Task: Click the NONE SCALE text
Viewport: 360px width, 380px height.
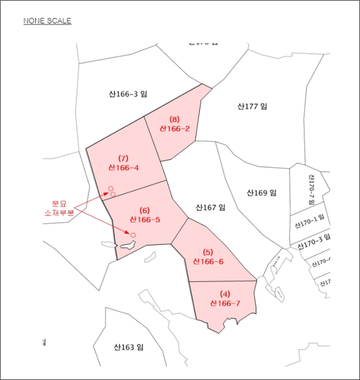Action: pyautogui.click(x=47, y=21)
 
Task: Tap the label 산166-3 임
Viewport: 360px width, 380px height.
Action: pyautogui.click(x=128, y=94)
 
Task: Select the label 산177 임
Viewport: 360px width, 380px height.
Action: pyautogui.click(x=252, y=106)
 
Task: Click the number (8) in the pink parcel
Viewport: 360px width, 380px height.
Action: pyautogui.click(x=174, y=119)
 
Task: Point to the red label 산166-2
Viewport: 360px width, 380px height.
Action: pyautogui.click(x=174, y=129)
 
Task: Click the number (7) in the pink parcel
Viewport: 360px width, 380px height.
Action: pyautogui.click(x=123, y=159)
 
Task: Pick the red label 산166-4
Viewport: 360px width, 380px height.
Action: pyautogui.click(x=123, y=168)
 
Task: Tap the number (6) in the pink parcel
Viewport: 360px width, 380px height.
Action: pyautogui.click(x=144, y=210)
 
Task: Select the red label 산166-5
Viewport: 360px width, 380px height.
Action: pyautogui.click(x=144, y=219)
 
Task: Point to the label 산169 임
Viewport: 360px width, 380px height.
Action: pyautogui.click(x=261, y=192)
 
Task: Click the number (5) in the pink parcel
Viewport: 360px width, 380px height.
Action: pyautogui.click(x=208, y=252)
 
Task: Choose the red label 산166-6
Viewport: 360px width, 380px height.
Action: pyautogui.click(x=208, y=261)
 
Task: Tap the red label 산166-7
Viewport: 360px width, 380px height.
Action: pyautogui.click(x=225, y=303)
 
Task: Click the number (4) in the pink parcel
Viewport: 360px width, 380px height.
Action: pyautogui.click(x=225, y=294)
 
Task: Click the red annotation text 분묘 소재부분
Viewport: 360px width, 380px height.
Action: pyautogui.click(x=59, y=208)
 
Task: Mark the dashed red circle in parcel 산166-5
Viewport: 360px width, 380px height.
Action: pyautogui.click(x=133, y=235)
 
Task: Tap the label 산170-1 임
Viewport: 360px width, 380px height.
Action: pyautogui.click(x=309, y=221)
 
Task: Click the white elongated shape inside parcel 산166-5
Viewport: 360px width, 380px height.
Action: pyautogui.click(x=127, y=245)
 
